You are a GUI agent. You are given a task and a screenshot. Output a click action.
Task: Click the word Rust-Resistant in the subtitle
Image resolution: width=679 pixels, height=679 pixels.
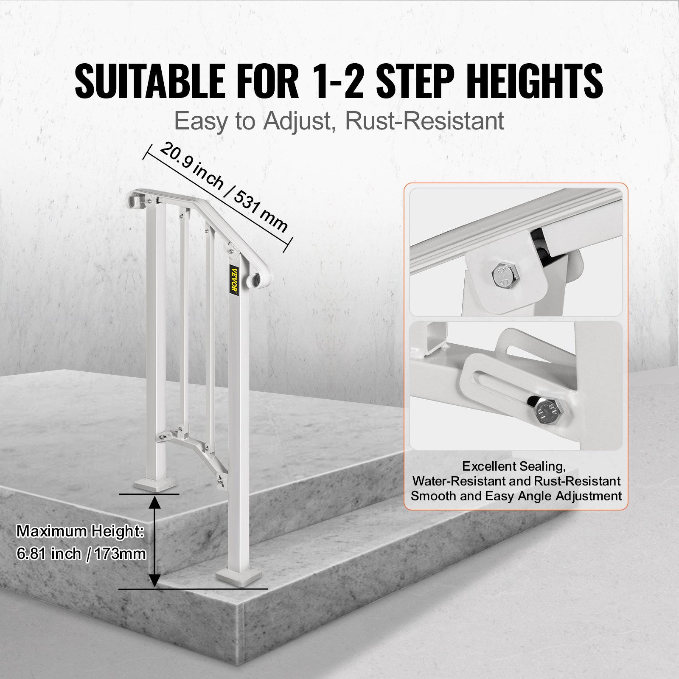424,121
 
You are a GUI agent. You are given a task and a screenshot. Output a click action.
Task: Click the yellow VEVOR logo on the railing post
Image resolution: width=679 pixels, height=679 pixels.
234,279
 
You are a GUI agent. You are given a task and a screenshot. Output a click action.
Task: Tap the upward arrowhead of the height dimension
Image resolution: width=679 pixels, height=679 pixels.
155,503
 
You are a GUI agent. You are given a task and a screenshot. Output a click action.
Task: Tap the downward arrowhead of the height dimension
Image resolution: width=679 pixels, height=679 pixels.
155,580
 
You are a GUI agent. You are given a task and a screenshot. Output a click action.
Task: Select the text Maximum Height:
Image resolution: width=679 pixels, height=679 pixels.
80,531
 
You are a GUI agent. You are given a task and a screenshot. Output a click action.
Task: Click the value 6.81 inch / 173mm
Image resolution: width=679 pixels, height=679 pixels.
81,554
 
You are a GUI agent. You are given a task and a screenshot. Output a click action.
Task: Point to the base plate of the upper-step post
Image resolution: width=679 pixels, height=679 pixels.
157,485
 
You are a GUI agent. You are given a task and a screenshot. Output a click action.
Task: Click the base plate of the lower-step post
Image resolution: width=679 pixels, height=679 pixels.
238,576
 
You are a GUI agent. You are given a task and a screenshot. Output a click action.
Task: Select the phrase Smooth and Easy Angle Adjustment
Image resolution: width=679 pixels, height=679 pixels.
516,496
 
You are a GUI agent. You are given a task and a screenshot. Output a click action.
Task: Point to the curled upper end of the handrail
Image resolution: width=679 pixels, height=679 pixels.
135,199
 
